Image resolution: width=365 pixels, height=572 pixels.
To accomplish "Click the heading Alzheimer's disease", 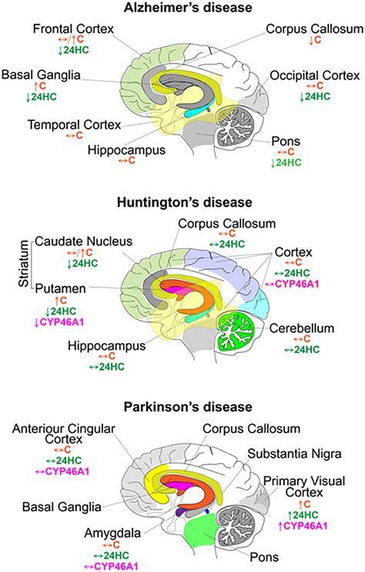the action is [x=188, y=7].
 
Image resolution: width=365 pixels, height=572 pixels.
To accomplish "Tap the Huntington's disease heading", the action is [x=184, y=203].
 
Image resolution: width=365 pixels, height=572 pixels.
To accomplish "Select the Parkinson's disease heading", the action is [x=188, y=407].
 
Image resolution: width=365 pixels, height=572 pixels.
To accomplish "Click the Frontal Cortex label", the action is [x=73, y=29].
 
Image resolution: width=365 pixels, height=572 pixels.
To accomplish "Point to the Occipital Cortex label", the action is [x=315, y=76].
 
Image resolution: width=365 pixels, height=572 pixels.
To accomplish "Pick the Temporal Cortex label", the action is [x=75, y=125].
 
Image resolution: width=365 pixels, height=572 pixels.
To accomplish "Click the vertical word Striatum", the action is [x=24, y=263].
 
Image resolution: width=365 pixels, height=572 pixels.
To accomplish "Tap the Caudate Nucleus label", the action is [x=83, y=241].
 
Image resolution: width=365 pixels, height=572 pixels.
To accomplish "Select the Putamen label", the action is [x=61, y=288].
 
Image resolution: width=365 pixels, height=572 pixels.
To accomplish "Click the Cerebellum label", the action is [x=302, y=328].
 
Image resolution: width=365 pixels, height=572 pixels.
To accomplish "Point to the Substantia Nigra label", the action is [x=294, y=454].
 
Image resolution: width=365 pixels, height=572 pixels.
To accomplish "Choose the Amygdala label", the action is [x=112, y=533].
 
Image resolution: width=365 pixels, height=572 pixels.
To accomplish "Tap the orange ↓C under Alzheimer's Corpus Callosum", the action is [x=316, y=40].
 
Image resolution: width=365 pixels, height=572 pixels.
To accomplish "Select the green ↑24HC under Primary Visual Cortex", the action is [x=303, y=515].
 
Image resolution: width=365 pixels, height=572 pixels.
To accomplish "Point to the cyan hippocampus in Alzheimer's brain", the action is [x=196, y=113].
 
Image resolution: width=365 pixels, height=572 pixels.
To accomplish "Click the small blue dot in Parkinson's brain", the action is [x=207, y=511].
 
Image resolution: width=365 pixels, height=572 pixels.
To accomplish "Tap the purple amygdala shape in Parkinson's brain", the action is [x=179, y=512].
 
